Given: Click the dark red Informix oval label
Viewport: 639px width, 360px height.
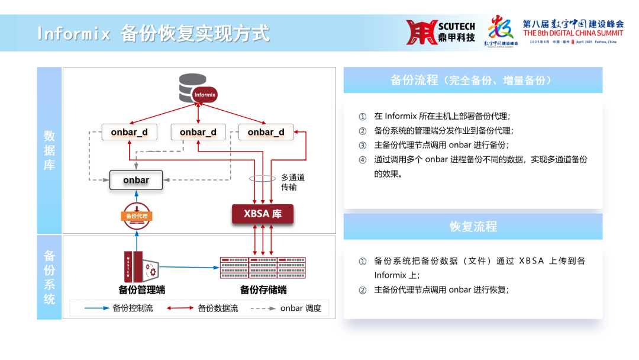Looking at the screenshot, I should click(205, 95).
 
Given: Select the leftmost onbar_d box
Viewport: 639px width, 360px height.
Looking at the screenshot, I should click(130, 132).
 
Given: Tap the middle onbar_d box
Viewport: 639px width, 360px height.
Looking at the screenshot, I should click(198, 132).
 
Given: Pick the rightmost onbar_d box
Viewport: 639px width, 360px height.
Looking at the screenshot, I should click(266, 132).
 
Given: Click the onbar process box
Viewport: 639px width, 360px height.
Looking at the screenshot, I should click(136, 180).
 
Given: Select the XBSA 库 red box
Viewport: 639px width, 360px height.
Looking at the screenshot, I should click(263, 214).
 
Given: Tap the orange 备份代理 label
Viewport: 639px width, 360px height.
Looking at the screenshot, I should click(137, 216).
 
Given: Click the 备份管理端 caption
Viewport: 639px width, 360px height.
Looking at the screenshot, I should click(142, 290).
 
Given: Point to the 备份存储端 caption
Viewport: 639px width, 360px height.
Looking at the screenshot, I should click(263, 290).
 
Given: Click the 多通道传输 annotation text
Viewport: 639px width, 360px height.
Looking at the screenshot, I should click(293, 182).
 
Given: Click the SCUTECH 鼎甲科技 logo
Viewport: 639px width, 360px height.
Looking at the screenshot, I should click(441, 32).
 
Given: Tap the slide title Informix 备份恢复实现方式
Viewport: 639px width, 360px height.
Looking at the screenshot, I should click(153, 33).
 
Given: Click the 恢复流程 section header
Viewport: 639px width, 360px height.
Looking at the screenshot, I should click(473, 226).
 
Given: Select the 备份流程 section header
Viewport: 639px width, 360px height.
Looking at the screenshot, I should click(473, 80).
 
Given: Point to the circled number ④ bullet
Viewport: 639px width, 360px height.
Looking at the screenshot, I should click(363, 159).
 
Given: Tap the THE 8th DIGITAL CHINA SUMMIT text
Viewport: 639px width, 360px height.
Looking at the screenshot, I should click(573, 33).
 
